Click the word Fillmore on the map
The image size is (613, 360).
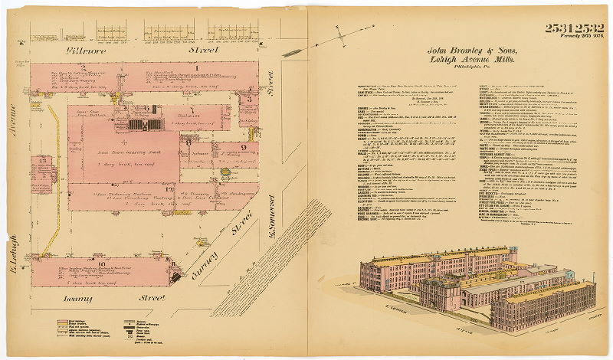[x=90, y=51]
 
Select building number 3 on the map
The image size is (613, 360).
[x=249, y=99]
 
